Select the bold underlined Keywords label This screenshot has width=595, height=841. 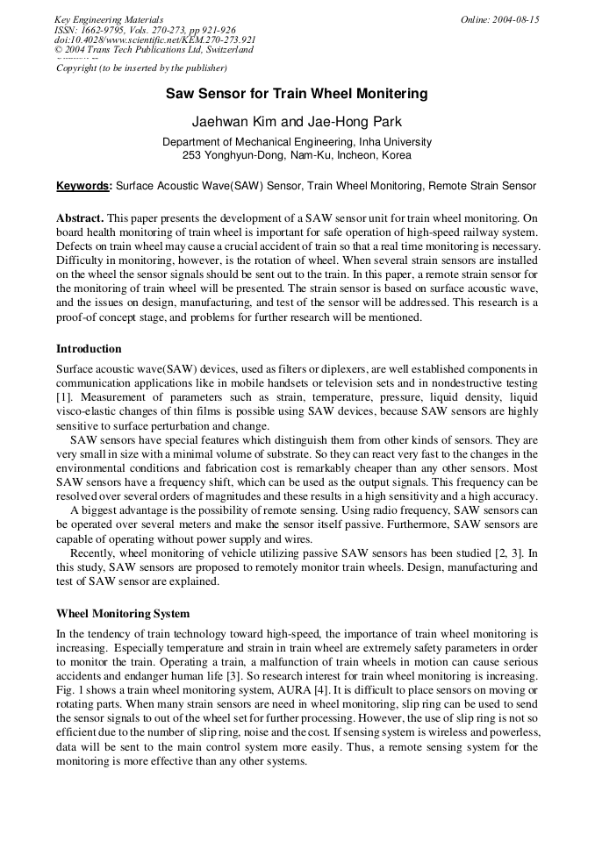(x=83, y=186)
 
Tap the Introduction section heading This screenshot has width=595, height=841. (x=89, y=348)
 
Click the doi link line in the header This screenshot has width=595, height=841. (x=154, y=39)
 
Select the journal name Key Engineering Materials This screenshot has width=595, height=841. (x=108, y=19)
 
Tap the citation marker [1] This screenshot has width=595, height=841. (x=63, y=397)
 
